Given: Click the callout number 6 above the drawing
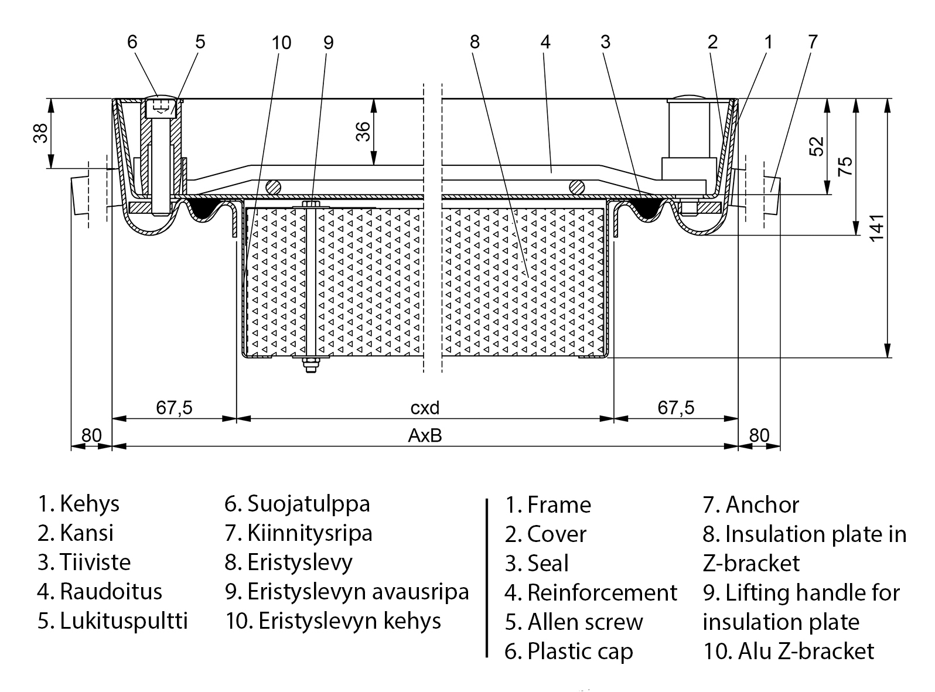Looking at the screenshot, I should pyautogui.click(x=132, y=42).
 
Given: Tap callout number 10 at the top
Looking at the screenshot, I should pyautogui.click(x=281, y=43).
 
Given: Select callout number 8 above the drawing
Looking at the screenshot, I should pyautogui.click(x=475, y=42).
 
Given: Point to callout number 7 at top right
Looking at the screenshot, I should pyautogui.click(x=812, y=42).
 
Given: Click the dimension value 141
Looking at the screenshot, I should pyautogui.click(x=876, y=227).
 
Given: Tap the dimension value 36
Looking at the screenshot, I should pyautogui.click(x=363, y=131).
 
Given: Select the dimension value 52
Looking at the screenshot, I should pyautogui.click(x=816, y=145).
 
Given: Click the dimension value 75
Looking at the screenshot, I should pyautogui.click(x=845, y=166).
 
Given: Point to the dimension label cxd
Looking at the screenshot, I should pyautogui.click(x=425, y=407).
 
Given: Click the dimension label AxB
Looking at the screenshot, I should pyautogui.click(x=425, y=436).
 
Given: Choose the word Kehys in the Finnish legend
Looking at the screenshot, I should pyautogui.click(x=90, y=504).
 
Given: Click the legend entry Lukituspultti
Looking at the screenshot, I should pyautogui.click(x=124, y=621).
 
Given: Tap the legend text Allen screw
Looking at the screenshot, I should pyautogui.click(x=585, y=622).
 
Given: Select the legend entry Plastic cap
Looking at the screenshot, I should pyautogui.click(x=580, y=651).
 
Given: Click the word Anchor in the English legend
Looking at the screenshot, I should pyautogui.click(x=762, y=504).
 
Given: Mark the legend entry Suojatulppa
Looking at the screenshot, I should pyautogui.click(x=308, y=504).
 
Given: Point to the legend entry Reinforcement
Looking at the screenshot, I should pyautogui.click(x=602, y=592).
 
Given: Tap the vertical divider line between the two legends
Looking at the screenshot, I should pyautogui.click(x=487, y=577).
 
